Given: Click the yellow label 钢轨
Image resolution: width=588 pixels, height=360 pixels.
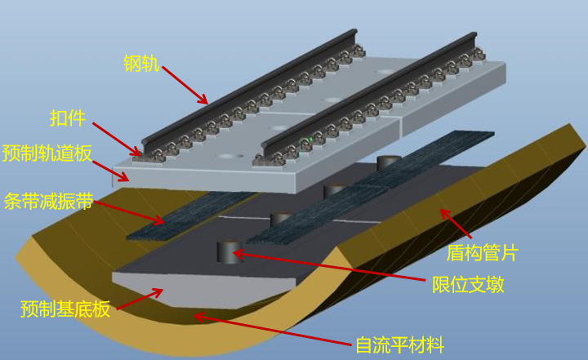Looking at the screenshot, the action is coord(141,64).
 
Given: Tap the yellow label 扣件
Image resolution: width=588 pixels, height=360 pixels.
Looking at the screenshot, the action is coord(68,118).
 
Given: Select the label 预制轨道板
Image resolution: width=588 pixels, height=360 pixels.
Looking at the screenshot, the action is coord(47,153).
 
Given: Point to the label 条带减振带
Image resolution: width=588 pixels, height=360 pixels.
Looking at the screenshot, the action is coord(48,202).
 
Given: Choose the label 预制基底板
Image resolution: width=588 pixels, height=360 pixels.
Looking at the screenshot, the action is coord(65,309).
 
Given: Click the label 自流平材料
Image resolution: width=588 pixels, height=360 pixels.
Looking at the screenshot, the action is coord(400,344).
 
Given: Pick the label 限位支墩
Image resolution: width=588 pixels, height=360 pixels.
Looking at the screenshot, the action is coord(468,285).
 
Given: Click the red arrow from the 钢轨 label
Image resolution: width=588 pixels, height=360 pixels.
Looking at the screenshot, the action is coord(185,85).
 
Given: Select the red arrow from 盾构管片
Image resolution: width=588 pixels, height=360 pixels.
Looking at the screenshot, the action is coord(455,224).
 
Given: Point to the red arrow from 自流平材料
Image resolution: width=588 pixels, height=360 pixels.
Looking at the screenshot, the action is coord(274,329).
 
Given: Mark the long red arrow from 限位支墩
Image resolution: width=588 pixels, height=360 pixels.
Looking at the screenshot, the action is coord(329,266).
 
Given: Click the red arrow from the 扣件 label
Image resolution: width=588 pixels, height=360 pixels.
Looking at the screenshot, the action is coord(117,139).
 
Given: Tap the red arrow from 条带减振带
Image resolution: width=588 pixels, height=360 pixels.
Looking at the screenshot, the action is coord(129,212).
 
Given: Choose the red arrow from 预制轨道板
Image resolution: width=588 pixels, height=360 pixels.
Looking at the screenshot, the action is coord(110,171).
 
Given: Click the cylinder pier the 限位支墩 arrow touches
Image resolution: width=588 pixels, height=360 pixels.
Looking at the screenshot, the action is coord(229,251).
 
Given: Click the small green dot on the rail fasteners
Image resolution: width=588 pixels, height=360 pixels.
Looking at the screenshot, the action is coord(310,140).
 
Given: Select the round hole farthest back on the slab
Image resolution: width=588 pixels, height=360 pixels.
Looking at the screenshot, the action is coord(385,71).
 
